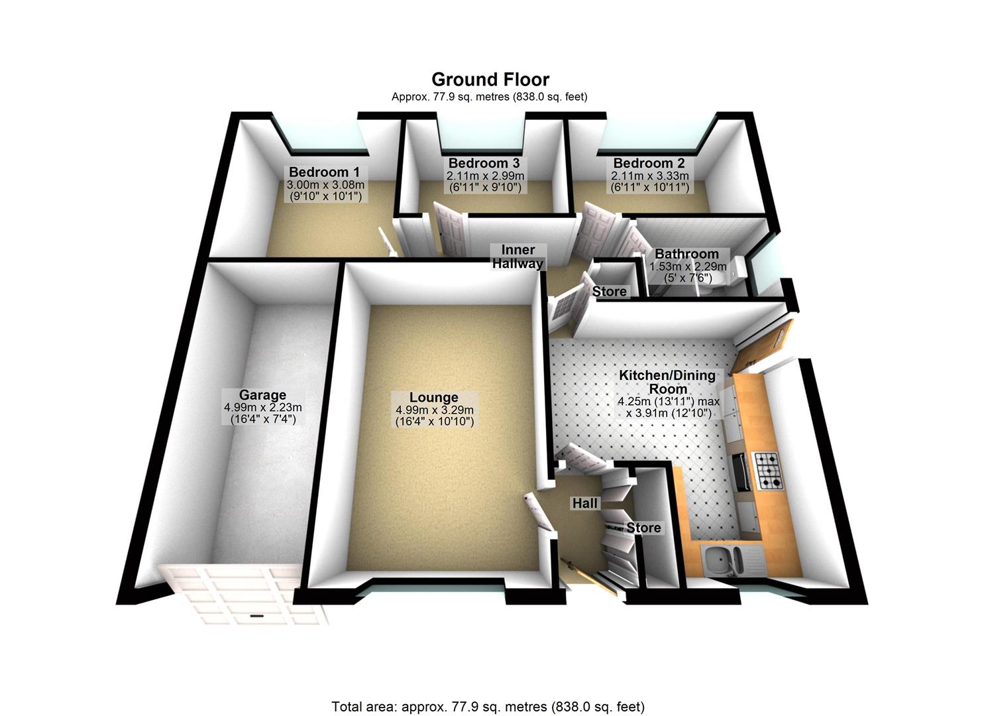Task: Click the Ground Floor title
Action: click(x=490, y=80)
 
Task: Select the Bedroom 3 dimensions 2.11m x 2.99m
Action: click(x=485, y=176)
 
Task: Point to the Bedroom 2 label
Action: click(x=649, y=163)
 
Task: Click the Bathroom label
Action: click(x=686, y=254)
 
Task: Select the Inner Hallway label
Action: click(x=518, y=257)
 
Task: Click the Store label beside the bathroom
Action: click(x=609, y=292)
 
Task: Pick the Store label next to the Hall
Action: click(x=643, y=528)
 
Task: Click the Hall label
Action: click(x=585, y=503)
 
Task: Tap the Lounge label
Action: click(x=433, y=397)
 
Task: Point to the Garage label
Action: click(x=262, y=395)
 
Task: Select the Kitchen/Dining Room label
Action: click(x=667, y=382)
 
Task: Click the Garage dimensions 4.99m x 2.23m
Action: click(x=263, y=408)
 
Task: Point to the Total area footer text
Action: click(x=488, y=707)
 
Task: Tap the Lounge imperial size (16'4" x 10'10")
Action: click(x=435, y=421)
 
